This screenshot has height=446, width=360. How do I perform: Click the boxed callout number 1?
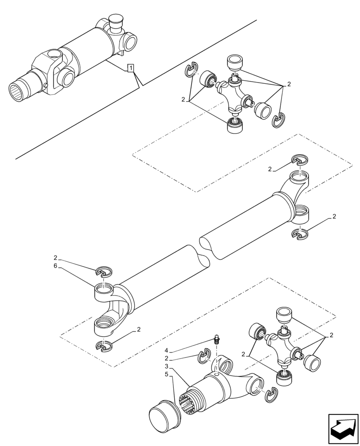tap(130, 68)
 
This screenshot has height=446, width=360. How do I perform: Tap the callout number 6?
tap(55, 266)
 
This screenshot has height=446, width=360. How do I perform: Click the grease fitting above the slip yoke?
tap(217, 340)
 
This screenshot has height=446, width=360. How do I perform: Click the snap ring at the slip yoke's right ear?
tap(270, 394)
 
